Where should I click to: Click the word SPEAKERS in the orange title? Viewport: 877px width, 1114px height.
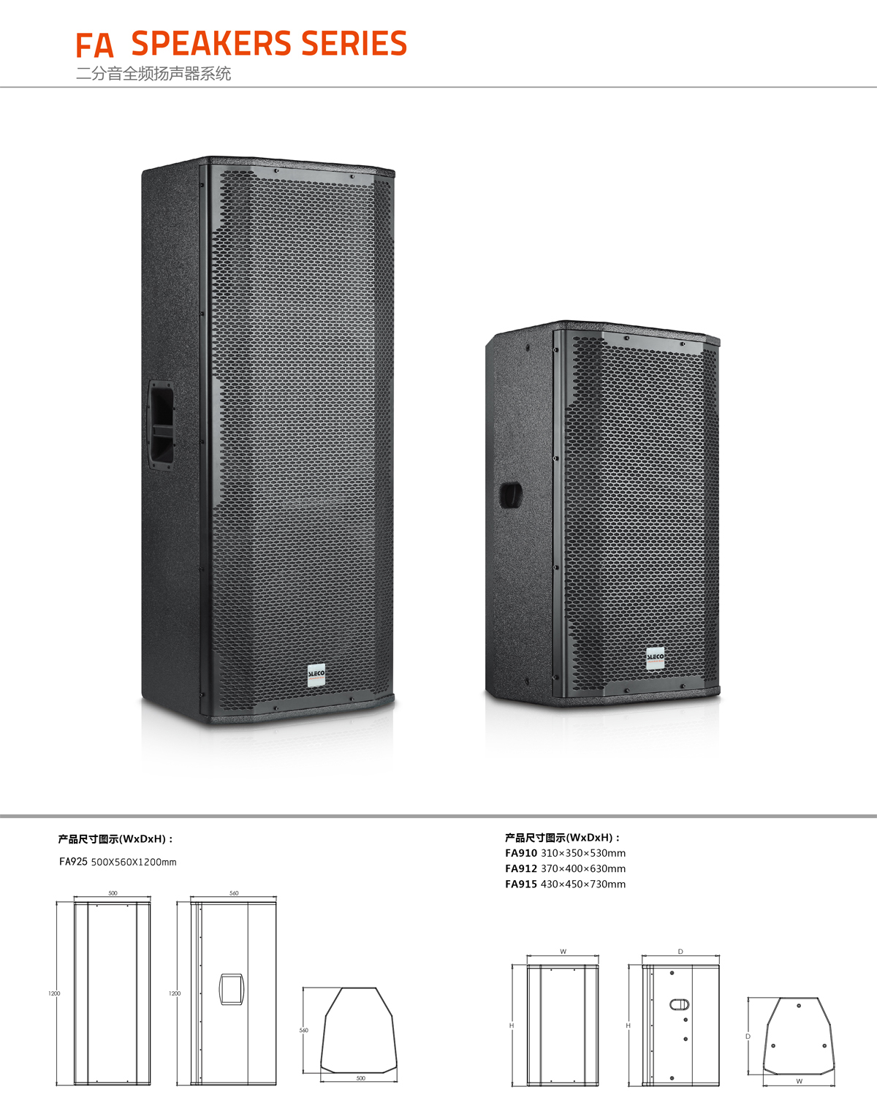[211, 43]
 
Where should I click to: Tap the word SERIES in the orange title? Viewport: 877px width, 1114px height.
[354, 43]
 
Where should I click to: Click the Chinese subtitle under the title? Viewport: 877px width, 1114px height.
[153, 74]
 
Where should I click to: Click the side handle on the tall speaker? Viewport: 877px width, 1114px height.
[162, 425]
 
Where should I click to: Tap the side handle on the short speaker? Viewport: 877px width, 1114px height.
[510, 495]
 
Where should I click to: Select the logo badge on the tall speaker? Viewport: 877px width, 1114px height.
[316, 675]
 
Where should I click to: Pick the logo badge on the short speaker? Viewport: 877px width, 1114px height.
[655, 659]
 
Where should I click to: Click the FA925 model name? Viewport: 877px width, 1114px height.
[73, 862]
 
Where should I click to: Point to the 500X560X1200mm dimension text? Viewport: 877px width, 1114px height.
[134, 863]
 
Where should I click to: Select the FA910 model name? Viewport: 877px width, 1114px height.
[521, 853]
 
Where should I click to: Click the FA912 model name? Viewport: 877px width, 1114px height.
[521, 868]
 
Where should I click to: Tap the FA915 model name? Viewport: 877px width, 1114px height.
[521, 884]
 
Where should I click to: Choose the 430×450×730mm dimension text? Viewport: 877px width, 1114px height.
[583, 884]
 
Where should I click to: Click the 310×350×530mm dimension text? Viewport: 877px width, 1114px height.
[583, 853]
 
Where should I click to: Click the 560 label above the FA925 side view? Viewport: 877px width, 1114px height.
[234, 893]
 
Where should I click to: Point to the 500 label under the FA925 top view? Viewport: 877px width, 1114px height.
[361, 1078]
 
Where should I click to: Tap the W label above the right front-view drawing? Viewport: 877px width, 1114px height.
[563, 952]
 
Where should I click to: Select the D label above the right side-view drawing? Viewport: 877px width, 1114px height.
[680, 952]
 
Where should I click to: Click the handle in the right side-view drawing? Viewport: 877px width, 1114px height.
[679, 1004]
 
